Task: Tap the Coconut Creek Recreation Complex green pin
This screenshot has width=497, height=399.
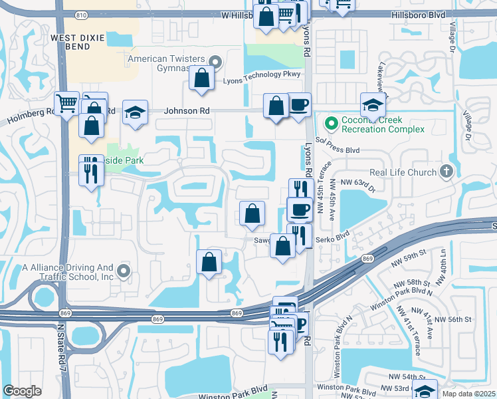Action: coord(330,123)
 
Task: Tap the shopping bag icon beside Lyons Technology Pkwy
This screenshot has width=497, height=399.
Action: coord(201,78)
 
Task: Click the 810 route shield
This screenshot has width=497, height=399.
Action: coord(80,14)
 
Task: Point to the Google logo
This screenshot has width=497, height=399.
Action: coord(23,391)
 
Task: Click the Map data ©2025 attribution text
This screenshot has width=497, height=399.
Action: coord(469,394)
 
